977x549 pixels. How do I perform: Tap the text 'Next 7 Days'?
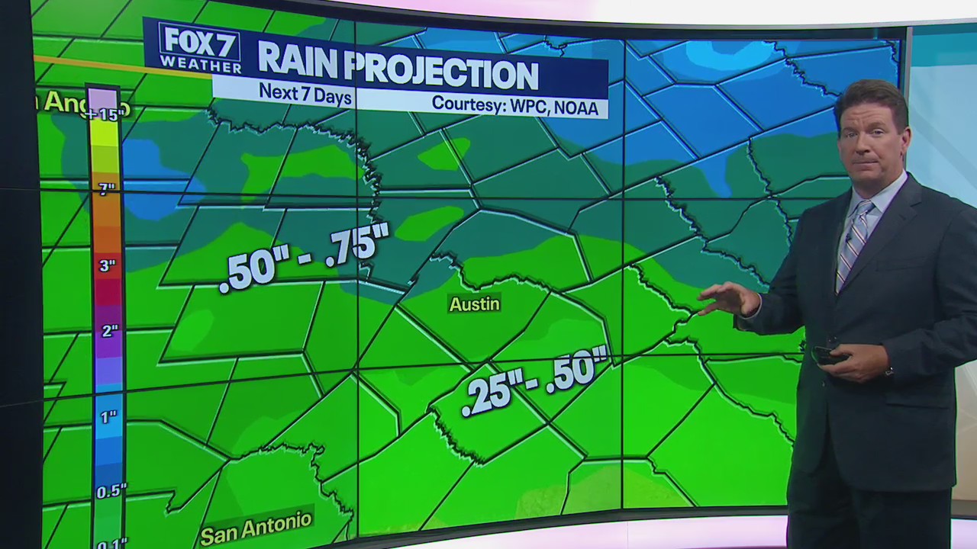point(305,93)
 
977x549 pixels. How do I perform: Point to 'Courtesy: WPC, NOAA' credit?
point(517,104)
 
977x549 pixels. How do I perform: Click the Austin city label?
point(474,304)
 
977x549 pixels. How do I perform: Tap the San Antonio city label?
point(256,527)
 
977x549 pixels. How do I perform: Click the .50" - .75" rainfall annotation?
point(304,257)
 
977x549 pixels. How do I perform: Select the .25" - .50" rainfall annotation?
point(534,380)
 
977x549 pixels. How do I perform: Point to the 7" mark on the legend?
point(106,188)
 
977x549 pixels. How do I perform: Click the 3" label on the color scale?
point(106,266)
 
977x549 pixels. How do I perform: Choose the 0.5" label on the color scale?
point(111,491)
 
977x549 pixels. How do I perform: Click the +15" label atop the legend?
point(105,115)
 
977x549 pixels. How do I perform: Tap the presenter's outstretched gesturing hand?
point(726,299)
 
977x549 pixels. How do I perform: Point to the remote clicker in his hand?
point(826,355)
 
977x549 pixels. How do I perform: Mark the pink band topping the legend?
point(103,98)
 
